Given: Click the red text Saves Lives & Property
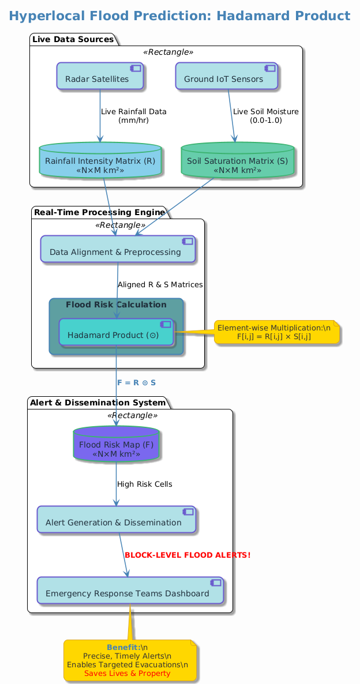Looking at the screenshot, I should pyautogui.click(x=127, y=673).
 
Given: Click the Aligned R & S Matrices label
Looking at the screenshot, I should pyautogui.click(x=160, y=285).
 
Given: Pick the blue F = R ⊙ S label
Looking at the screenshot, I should pyautogui.click(x=136, y=383).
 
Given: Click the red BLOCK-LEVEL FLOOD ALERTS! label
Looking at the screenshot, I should pyautogui.click(x=187, y=555).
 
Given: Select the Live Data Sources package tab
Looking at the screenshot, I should pyautogui.click(x=73, y=39).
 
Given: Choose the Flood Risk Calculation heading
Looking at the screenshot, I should pyautogui.click(x=116, y=305).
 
